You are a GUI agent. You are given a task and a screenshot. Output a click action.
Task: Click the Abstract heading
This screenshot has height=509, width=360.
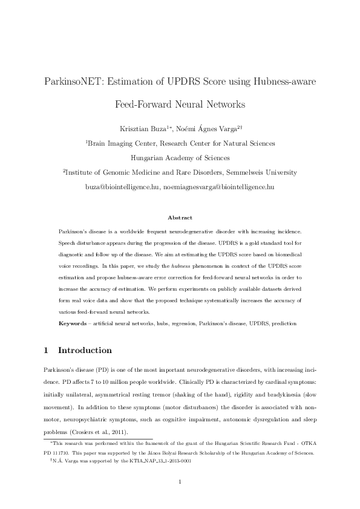pos(180,217)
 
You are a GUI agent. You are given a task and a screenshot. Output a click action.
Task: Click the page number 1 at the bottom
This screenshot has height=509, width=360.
pos(180,481)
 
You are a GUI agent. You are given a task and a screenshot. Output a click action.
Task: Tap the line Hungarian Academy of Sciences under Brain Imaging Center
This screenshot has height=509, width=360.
pos(180,158)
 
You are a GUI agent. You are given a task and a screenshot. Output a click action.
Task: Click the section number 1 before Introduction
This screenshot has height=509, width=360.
pos(47,350)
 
